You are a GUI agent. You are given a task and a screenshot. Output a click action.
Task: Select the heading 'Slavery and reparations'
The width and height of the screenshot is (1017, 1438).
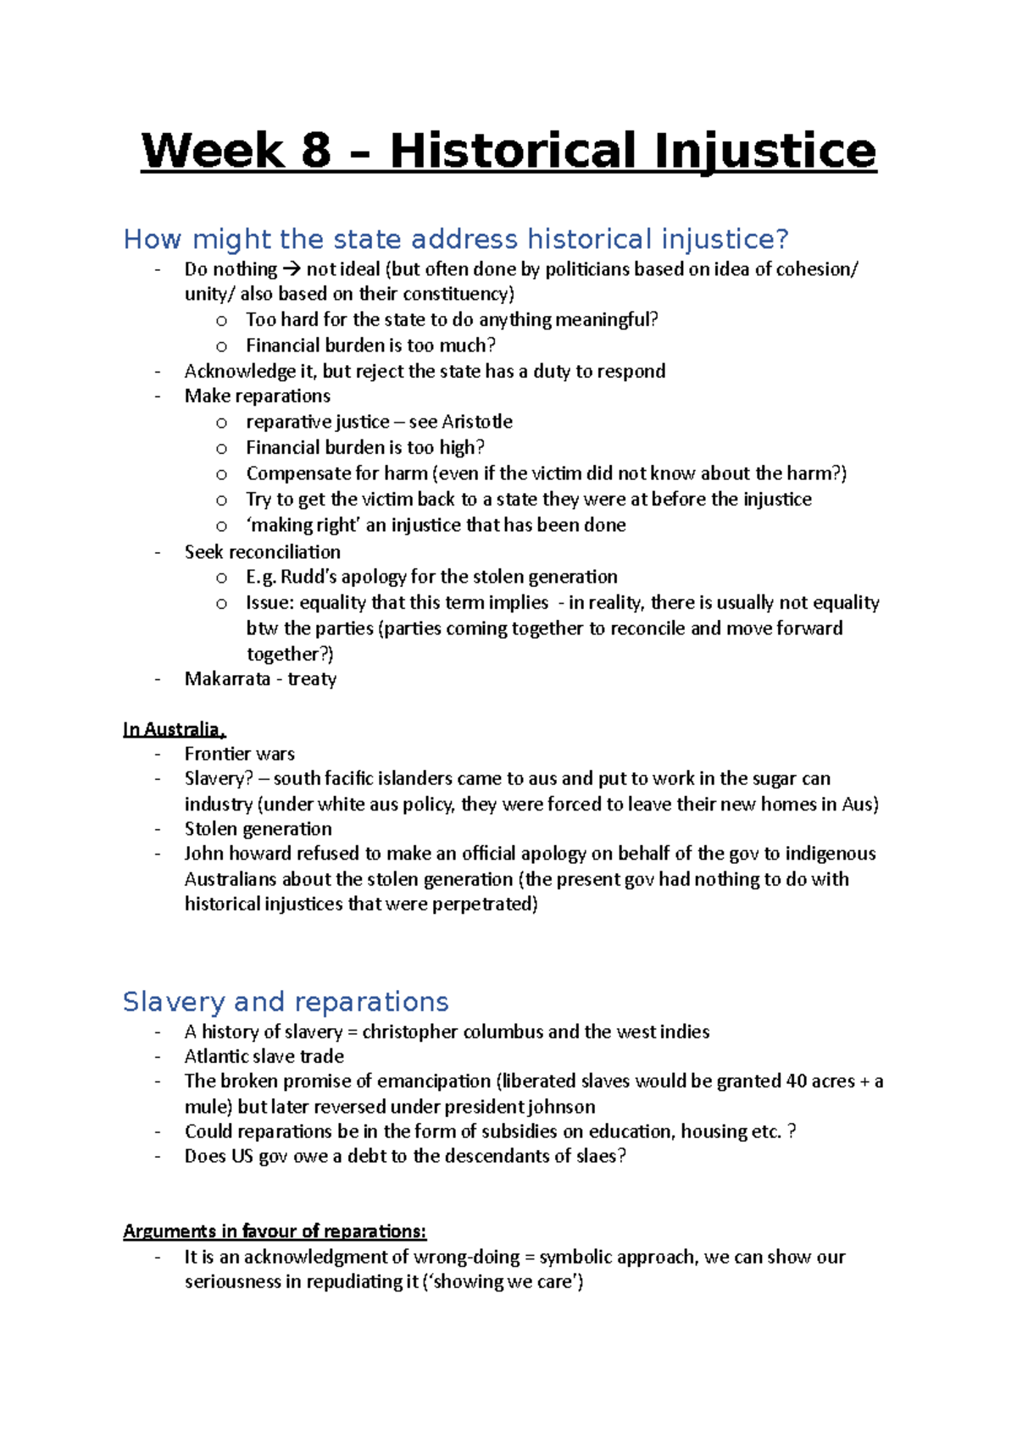coord(286,1002)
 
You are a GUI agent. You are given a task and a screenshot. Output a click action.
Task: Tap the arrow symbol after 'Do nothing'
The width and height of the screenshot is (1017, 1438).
coord(291,269)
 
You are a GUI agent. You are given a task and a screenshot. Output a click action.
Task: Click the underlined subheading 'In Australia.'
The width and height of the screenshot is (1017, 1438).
coord(174,729)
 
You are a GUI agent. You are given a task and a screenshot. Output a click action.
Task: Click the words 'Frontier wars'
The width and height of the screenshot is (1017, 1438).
coord(240,754)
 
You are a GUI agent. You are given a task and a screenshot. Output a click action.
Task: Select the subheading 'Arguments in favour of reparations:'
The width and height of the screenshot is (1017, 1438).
coord(275,1231)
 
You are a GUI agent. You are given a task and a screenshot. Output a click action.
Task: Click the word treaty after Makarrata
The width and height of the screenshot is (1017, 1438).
coord(312,679)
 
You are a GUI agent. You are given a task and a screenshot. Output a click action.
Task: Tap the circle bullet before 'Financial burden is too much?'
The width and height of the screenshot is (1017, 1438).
coord(222,346)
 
